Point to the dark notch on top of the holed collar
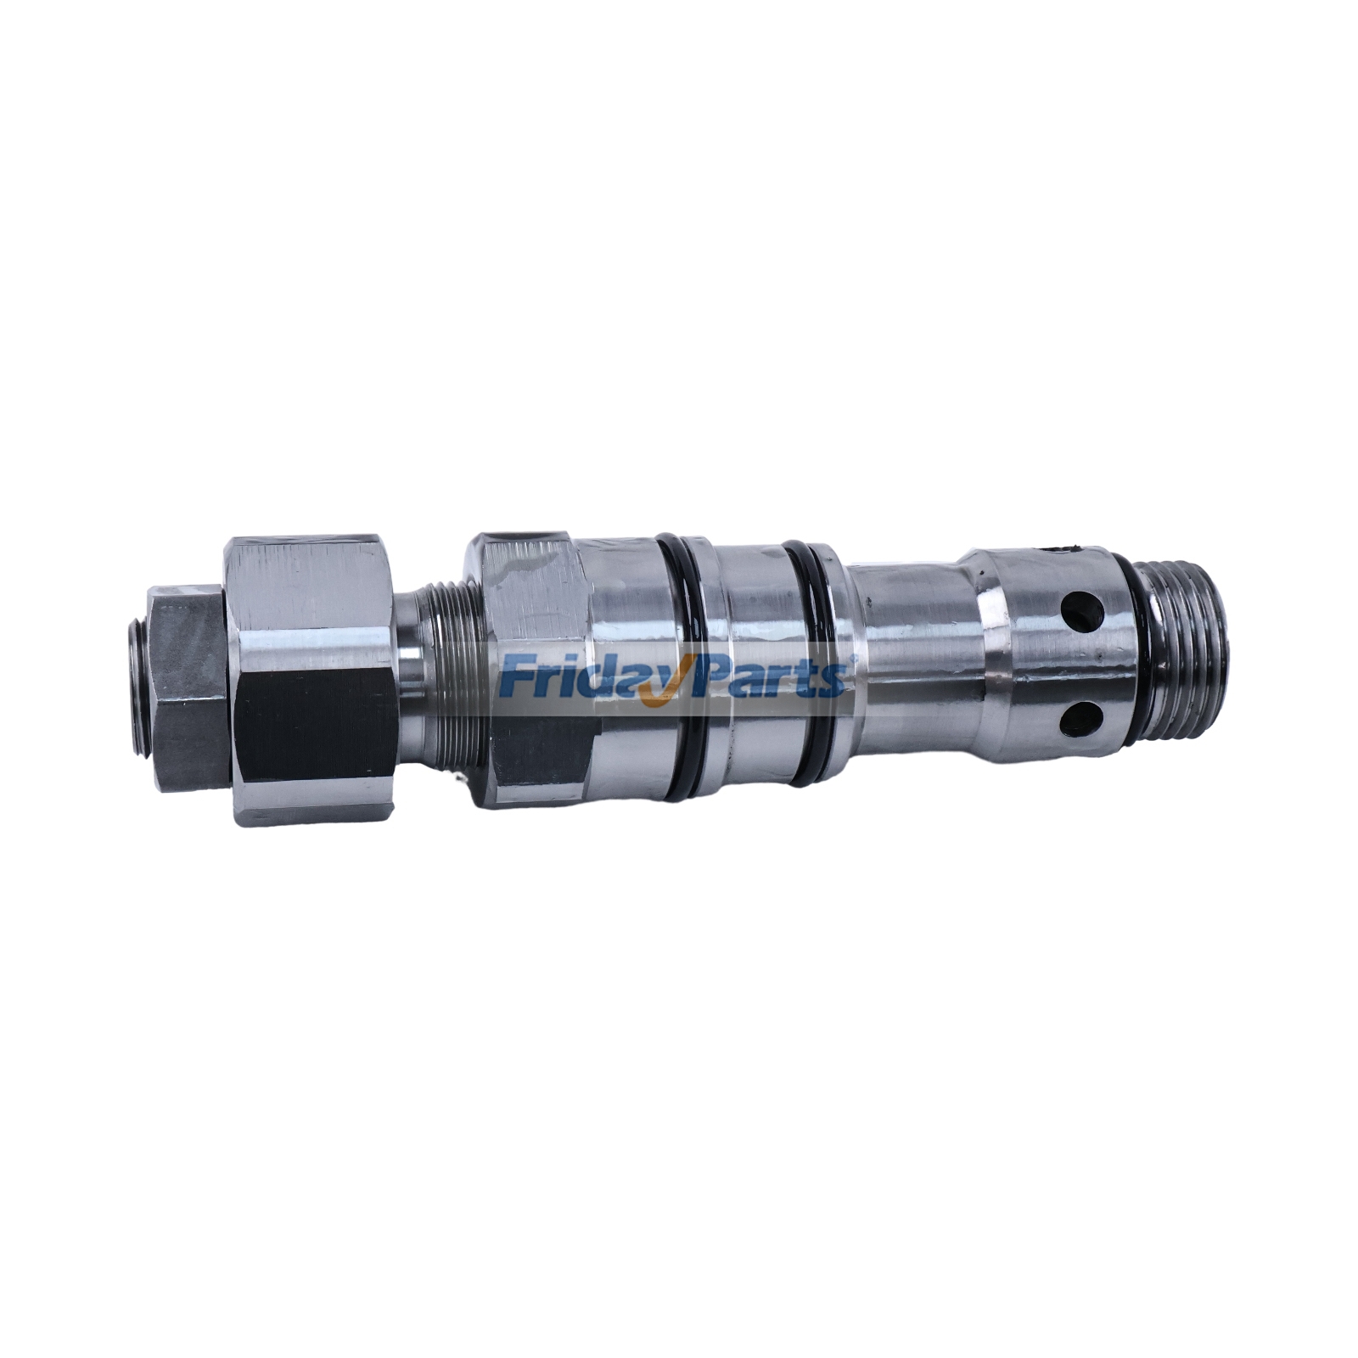point(1063,552)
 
